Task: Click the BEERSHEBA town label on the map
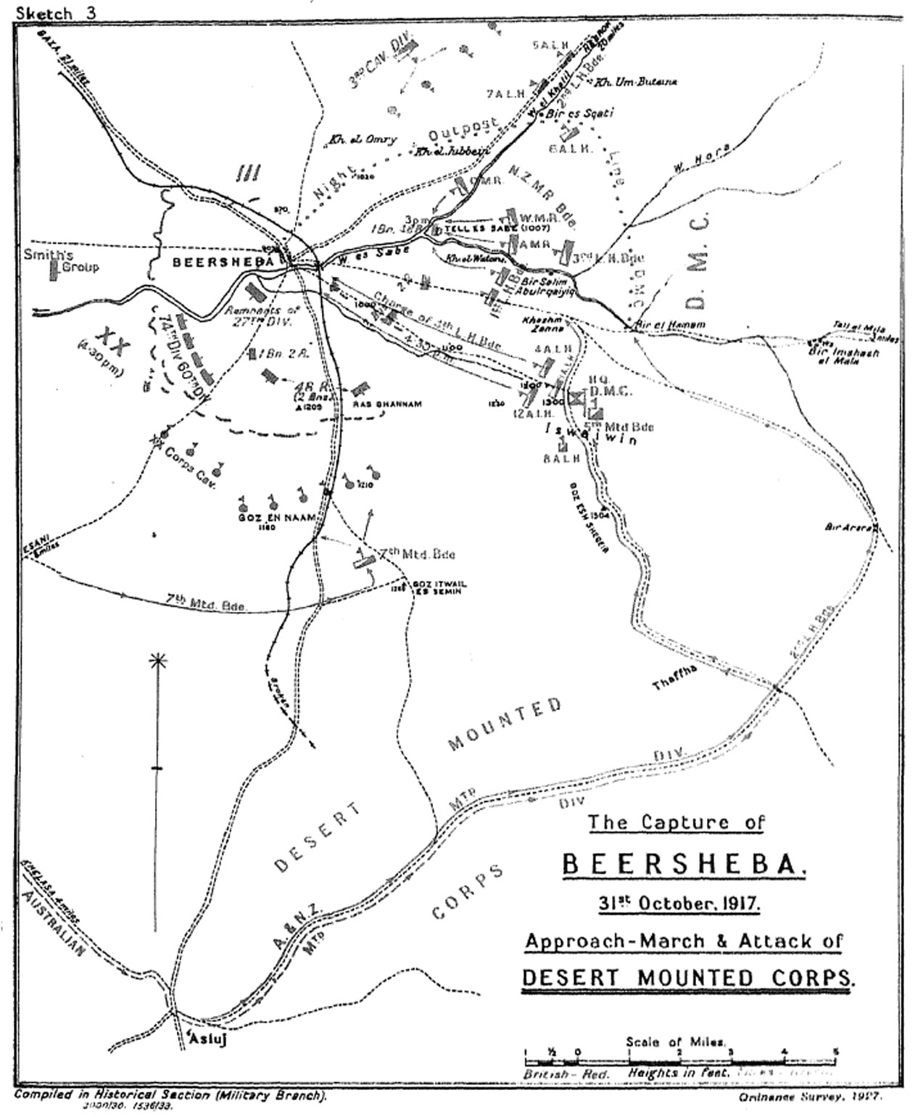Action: [x=223, y=262]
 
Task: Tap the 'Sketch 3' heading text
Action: [x=48, y=12]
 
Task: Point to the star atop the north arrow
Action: [x=156, y=661]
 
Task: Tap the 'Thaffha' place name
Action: [x=674, y=676]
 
